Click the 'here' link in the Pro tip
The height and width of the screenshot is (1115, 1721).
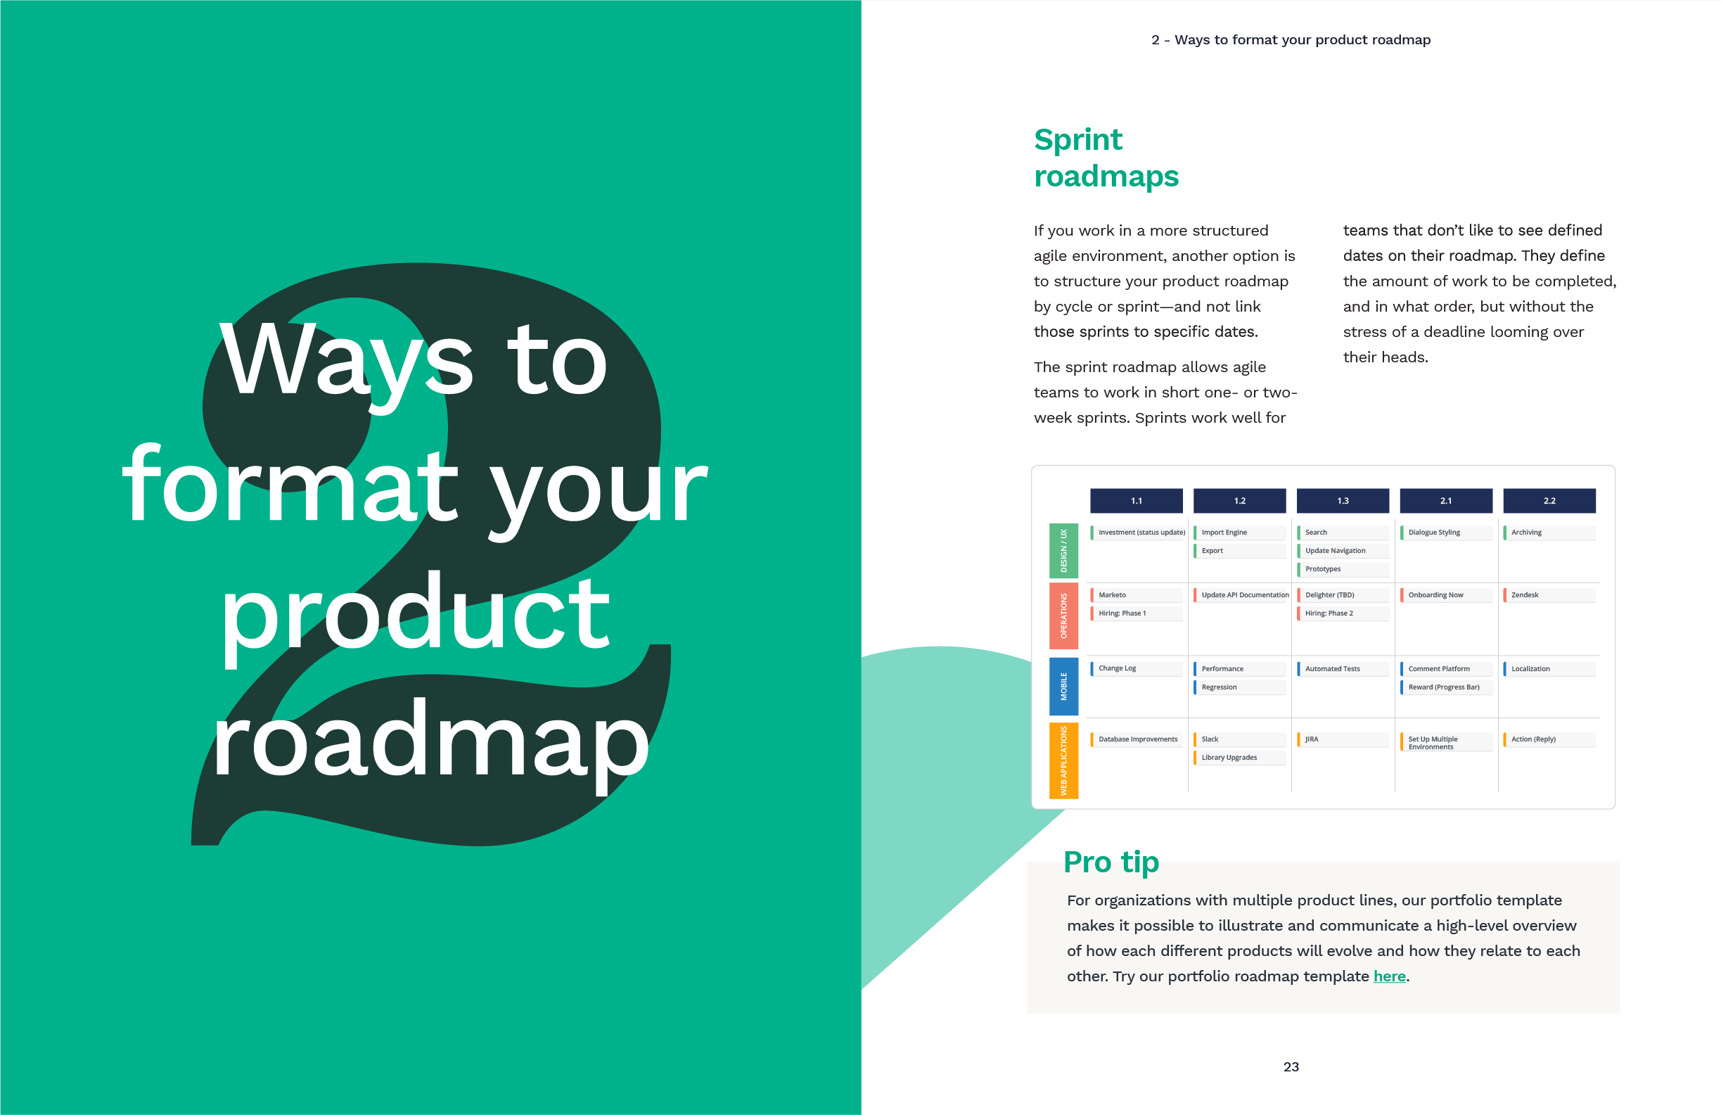[1389, 976]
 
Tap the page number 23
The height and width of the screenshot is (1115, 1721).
[1291, 1066]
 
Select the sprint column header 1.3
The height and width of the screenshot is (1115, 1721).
[1343, 500]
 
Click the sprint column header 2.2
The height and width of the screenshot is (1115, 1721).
[1549, 500]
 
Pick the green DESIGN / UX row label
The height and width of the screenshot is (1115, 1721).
[1063, 550]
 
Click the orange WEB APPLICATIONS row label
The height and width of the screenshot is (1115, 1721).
[1063, 760]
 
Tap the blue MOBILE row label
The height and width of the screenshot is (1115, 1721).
[1063, 686]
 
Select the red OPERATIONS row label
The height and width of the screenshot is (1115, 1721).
[1063, 616]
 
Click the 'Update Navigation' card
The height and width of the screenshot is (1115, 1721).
[1343, 550]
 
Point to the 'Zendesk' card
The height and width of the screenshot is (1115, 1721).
[1549, 595]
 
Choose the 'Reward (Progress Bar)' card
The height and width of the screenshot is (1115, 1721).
[1446, 687]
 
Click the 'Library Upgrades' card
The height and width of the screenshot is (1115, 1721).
[1239, 757]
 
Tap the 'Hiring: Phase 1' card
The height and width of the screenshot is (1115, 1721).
[1136, 613]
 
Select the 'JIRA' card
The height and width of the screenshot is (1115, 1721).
[1343, 739]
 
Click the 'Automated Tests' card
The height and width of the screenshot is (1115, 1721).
[1343, 669]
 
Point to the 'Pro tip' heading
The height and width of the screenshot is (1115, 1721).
[1111, 862]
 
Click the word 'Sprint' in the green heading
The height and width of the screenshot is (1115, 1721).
[1077, 140]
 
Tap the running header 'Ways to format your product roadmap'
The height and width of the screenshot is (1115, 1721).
[1303, 40]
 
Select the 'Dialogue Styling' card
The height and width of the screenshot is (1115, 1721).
[1446, 533]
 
